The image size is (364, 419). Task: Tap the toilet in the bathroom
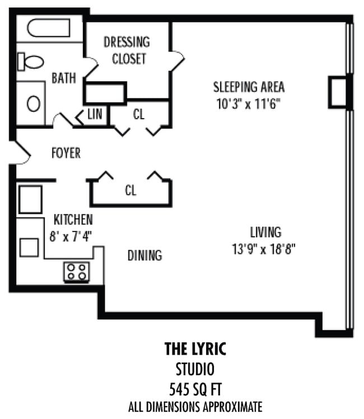pyautogui.click(x=31, y=62)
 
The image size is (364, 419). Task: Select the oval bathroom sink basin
pyautogui.click(x=33, y=103)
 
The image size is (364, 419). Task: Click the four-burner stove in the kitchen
pyautogui.click(x=77, y=272)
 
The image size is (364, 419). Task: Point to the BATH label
pyautogui.click(x=63, y=78)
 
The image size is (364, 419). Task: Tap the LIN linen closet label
pyautogui.click(x=95, y=115)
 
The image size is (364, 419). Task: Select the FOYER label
pyautogui.click(x=66, y=153)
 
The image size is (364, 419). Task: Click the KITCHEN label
pyautogui.click(x=73, y=219)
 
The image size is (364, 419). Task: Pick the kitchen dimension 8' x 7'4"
pyautogui.click(x=71, y=236)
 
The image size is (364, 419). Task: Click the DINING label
pyautogui.click(x=144, y=256)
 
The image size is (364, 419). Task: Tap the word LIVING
pyautogui.click(x=265, y=232)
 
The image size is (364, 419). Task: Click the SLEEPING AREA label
pyautogui.click(x=249, y=87)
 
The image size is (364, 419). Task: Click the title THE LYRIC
pyautogui.click(x=195, y=350)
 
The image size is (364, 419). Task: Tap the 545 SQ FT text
pyautogui.click(x=195, y=387)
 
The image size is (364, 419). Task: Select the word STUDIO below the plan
pyautogui.click(x=195, y=369)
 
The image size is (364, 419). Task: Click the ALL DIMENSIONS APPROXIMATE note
pyautogui.click(x=195, y=406)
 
